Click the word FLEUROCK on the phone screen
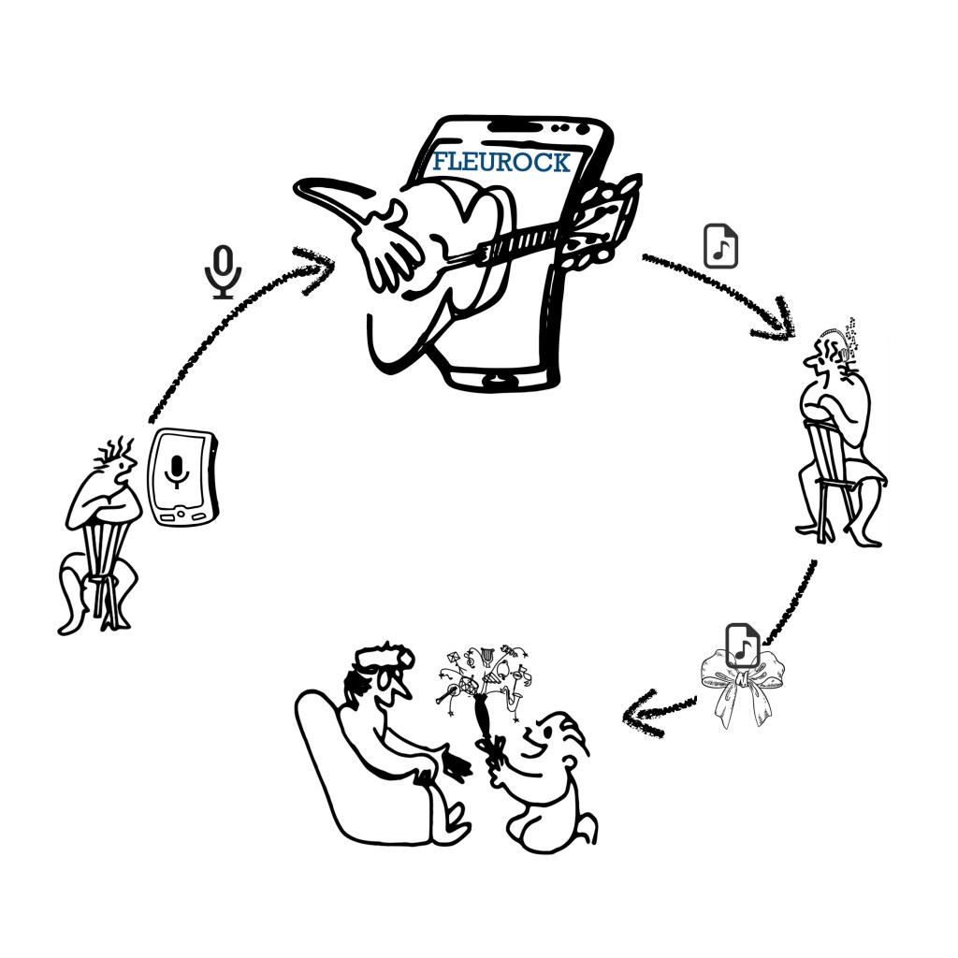pos(501,162)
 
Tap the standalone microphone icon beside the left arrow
pos(223,272)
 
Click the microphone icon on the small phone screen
pos(177,472)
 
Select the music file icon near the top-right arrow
pos(721,246)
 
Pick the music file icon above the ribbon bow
pos(742,646)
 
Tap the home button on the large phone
pos(496,380)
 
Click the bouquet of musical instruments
pos(484,684)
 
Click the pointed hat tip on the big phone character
pos(299,186)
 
